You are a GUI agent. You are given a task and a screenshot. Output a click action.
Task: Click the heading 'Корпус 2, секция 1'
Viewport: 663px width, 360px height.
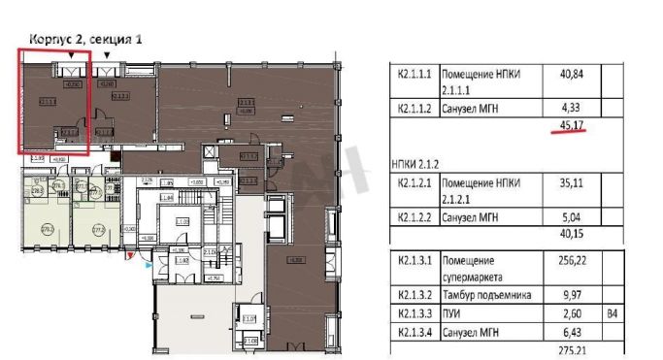click(x=85, y=39)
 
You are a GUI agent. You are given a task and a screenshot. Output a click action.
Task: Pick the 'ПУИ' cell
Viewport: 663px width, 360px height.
click(x=452, y=313)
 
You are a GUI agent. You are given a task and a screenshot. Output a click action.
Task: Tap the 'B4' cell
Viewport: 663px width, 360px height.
click(x=610, y=313)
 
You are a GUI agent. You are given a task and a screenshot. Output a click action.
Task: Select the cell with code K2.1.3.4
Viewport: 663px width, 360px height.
click(x=414, y=332)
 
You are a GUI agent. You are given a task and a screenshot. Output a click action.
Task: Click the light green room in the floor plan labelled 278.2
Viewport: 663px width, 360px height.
click(x=46, y=229)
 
